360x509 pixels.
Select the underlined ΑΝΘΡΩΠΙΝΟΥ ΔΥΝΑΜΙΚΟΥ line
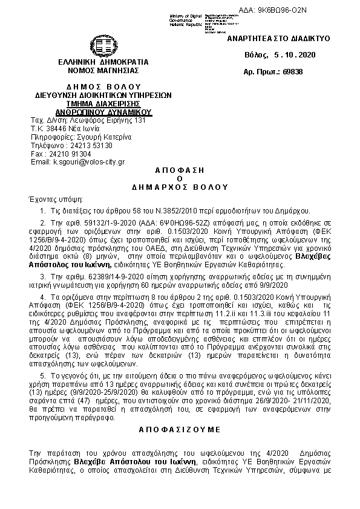pos(103,112)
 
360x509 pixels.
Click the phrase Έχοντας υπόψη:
pos(52,199)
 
